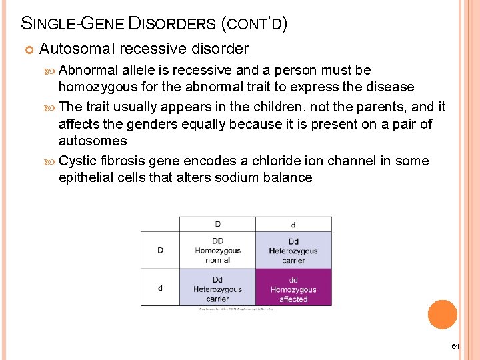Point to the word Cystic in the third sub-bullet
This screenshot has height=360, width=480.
[78, 161]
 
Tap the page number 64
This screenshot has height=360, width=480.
[455, 346]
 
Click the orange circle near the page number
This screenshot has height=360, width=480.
[442, 315]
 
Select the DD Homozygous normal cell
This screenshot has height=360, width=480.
[217, 250]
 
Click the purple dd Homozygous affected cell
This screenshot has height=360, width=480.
[293, 287]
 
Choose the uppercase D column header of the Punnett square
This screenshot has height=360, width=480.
[217, 224]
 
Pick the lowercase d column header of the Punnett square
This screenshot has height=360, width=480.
[293, 225]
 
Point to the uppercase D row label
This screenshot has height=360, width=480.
[160, 250]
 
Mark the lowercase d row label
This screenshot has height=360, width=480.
[160, 287]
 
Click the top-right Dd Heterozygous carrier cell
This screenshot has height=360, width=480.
[293, 250]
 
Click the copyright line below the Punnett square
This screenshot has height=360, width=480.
[235, 309]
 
